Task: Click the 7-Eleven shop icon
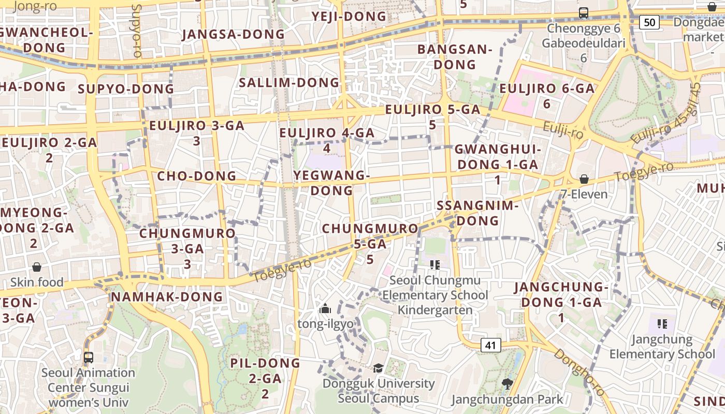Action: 584,179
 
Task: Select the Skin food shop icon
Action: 37,267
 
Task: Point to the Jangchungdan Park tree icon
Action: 507,384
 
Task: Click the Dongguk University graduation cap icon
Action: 379,368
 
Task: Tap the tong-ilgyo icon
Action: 325,309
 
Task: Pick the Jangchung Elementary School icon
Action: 662,324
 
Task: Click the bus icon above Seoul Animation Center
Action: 89,357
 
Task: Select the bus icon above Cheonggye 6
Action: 584,13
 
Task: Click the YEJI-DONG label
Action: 349,17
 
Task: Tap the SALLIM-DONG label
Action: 289,83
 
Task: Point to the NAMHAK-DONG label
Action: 167,297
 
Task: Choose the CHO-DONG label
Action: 197,176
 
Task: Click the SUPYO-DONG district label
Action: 126,89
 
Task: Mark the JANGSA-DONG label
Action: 234,35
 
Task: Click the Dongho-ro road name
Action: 578,372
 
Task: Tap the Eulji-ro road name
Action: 563,131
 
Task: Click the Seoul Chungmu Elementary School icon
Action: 435,265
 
